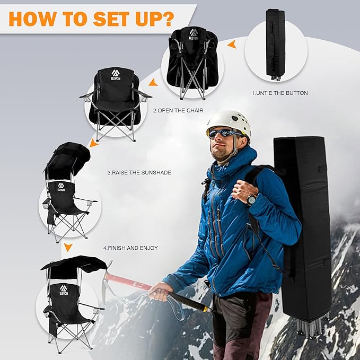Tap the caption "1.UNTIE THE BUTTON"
point(279,93)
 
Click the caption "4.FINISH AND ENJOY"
point(130,248)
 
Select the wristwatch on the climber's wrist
point(251,199)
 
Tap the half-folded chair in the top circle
point(192,61)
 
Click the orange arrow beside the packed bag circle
point(231,46)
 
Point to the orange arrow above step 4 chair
point(68,247)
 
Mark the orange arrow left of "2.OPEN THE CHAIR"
point(152,82)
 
